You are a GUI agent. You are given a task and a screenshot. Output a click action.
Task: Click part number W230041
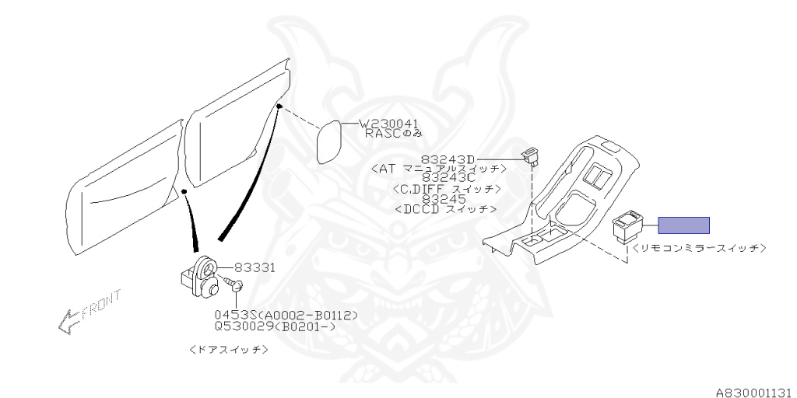tap(388, 124)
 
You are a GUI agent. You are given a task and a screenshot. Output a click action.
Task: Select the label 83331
tap(255, 267)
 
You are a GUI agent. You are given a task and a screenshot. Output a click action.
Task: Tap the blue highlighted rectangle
tap(683, 225)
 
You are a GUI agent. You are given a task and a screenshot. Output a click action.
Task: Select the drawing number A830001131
tap(755, 393)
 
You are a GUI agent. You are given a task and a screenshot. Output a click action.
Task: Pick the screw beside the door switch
tap(233, 285)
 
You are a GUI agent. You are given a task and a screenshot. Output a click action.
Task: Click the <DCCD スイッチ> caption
tap(445, 208)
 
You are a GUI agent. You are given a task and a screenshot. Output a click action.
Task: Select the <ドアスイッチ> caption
tap(228, 350)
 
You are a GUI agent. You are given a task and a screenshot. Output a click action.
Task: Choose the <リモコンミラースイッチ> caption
tap(699, 248)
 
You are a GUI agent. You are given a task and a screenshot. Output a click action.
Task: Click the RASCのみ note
tap(395, 134)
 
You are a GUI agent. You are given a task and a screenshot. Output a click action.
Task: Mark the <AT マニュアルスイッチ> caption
tap(439, 168)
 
